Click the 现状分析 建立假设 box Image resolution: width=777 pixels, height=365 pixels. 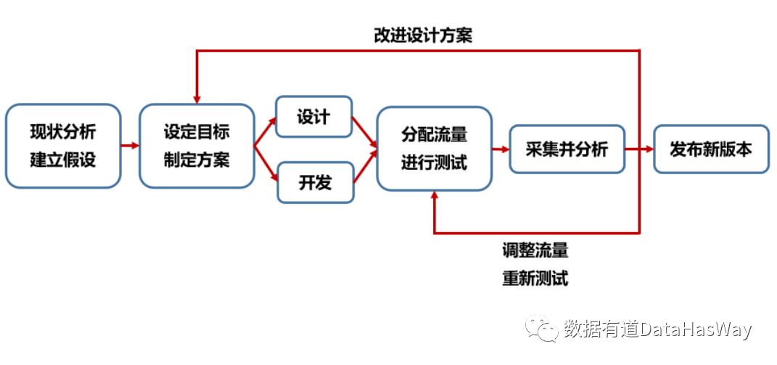62,146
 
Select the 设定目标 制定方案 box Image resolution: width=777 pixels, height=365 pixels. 197,146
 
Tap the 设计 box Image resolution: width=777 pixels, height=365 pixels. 313,117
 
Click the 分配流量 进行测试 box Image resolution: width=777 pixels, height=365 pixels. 434,148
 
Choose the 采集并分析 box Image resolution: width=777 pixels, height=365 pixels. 567,149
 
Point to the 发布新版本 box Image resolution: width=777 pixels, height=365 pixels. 711,149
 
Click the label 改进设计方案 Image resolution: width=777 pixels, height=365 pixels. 423,35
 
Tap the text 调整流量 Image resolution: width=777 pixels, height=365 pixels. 535,251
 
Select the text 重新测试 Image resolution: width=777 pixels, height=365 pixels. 535,278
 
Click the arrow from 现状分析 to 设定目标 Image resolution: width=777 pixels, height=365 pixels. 130,146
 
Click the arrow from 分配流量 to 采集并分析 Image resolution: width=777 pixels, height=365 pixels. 501,149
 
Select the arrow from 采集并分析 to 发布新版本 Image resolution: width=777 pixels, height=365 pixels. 639,149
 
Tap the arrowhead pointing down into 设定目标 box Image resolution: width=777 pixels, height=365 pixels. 197,98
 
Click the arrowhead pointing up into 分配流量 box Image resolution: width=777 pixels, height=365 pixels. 434,196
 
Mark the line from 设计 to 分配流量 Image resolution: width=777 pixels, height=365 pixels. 364,134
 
